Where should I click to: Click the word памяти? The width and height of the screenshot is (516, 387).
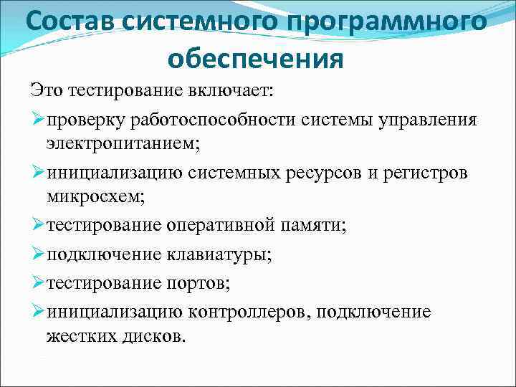point(316,225)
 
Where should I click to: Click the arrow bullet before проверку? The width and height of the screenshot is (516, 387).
point(38,119)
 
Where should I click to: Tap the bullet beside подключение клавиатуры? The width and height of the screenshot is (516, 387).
point(38,254)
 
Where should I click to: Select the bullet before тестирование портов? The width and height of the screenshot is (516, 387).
point(38,282)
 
